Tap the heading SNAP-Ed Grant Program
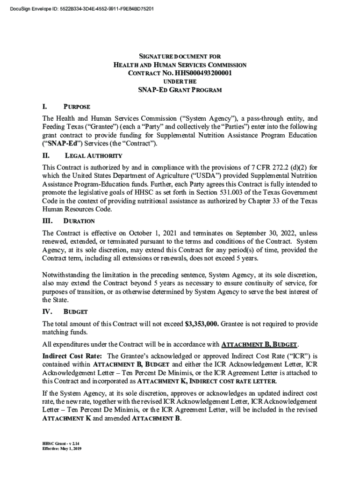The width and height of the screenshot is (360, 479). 180,90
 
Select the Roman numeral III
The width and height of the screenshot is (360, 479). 47,220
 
